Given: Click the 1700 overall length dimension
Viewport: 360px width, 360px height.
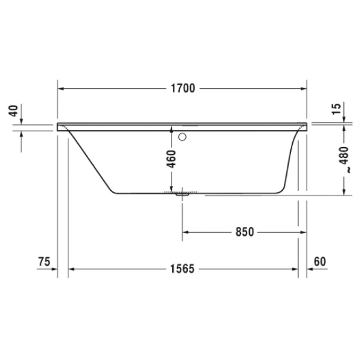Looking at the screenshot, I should [182, 89].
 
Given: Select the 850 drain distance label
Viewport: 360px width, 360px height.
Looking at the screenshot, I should [244, 232].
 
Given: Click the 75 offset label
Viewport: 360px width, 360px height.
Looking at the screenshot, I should [43, 262].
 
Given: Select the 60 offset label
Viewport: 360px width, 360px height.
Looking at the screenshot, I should [319, 262].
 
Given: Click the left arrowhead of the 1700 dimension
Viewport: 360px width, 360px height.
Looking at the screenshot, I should [61, 89].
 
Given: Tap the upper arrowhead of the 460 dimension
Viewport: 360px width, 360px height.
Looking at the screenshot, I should [172, 131].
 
